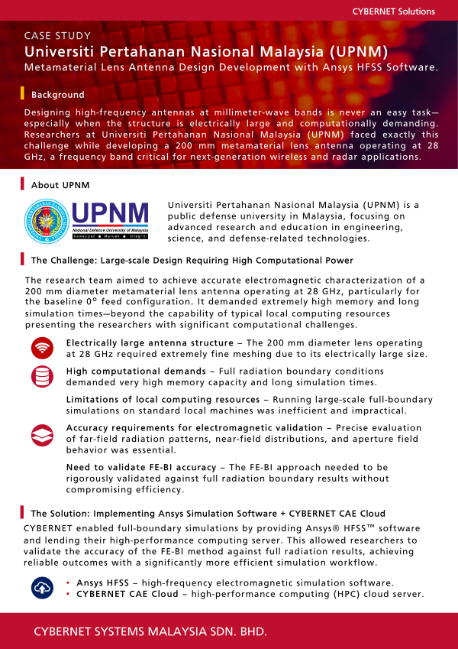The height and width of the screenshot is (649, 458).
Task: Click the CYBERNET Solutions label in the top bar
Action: click(x=393, y=11)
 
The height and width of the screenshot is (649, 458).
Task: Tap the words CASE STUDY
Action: click(x=58, y=36)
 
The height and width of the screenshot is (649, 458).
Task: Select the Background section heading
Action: click(x=57, y=95)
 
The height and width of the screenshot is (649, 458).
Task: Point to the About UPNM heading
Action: click(x=60, y=185)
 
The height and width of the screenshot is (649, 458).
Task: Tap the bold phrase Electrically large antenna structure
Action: click(x=150, y=343)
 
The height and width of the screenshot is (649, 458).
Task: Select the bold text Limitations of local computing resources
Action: click(x=163, y=400)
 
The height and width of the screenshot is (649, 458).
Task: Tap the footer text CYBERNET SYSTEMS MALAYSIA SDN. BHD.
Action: click(x=150, y=633)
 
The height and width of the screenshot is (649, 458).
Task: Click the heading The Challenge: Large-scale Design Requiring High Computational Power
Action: click(x=192, y=261)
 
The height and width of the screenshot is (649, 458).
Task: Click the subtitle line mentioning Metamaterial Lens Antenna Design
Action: click(x=231, y=68)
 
